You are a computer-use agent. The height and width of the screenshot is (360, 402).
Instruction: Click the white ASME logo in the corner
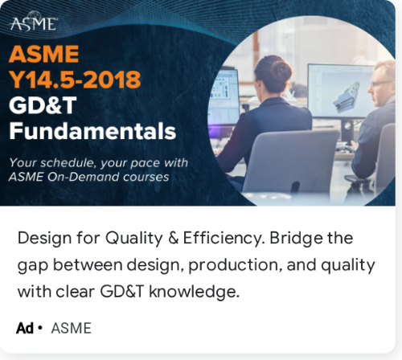[34, 22]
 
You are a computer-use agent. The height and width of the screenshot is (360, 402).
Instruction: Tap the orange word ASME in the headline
[43, 54]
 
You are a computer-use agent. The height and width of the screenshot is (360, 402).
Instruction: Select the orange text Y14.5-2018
[75, 80]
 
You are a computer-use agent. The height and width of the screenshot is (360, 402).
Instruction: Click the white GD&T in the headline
[43, 105]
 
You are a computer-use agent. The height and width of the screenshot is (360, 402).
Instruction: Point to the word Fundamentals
[92, 131]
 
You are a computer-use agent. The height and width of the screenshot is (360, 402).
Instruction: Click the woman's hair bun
[281, 72]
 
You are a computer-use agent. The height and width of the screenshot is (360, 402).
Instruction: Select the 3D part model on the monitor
[346, 96]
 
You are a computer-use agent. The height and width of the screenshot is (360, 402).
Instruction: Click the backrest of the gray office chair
[291, 161]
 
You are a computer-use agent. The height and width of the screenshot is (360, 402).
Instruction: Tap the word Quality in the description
[133, 239]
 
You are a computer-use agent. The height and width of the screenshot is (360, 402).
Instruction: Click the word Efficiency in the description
[224, 239]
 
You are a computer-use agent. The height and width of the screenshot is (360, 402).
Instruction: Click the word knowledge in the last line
[194, 292]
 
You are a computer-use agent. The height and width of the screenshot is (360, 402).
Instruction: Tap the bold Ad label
[25, 328]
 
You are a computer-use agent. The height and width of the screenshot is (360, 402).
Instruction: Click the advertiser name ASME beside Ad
[71, 328]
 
